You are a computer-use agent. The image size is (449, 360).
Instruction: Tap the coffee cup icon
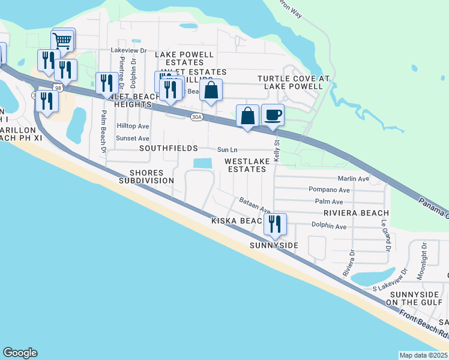point(273,115)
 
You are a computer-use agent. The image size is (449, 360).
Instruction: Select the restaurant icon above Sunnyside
point(275,224)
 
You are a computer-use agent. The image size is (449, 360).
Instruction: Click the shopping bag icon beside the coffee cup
point(247,116)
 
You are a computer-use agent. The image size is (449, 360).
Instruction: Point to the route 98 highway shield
point(58,88)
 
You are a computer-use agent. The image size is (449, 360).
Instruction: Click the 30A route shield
point(196,117)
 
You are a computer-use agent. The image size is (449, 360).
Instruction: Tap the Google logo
point(20,353)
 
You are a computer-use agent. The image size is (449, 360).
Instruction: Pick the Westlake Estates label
point(245,165)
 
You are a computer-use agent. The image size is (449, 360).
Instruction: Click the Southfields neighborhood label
point(169,148)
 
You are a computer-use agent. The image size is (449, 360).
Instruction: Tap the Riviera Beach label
point(356,213)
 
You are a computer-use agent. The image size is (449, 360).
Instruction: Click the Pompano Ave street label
point(329,190)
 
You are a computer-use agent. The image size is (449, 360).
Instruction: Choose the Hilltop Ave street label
point(132,127)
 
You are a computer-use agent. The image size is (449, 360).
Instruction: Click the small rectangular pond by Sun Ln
point(202,163)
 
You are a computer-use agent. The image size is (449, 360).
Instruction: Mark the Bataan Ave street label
point(255,206)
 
